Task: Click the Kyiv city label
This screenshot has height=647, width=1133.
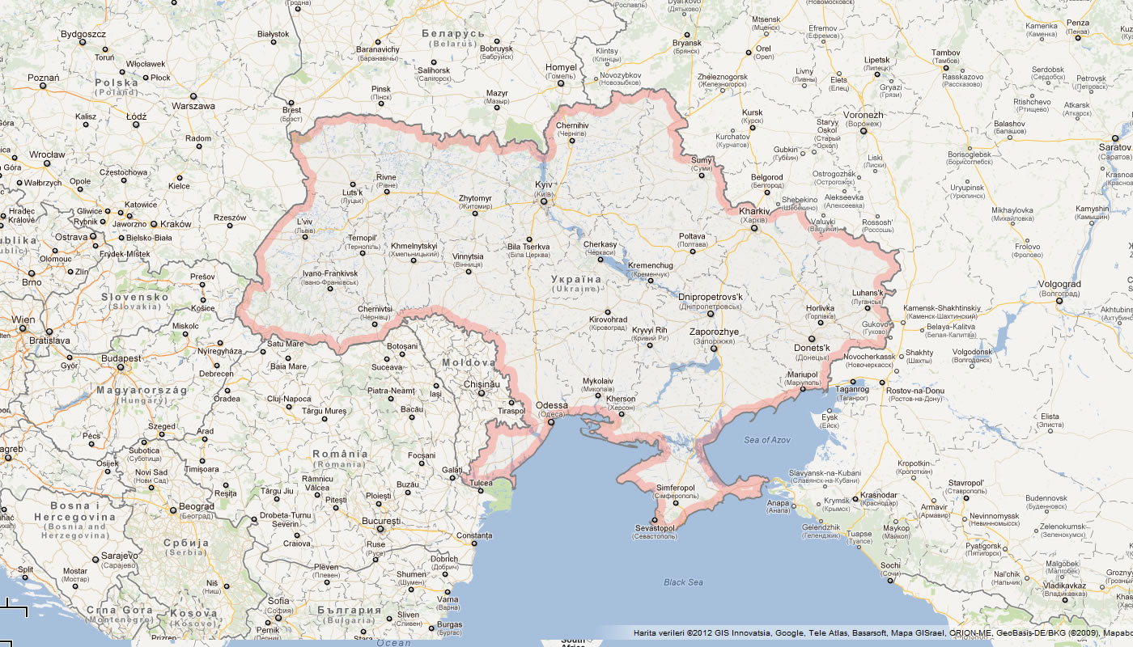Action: click(x=543, y=186)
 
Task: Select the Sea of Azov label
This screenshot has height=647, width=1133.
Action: click(x=767, y=440)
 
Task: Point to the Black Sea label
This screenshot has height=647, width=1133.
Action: click(x=683, y=582)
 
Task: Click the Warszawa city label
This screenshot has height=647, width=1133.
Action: click(x=193, y=106)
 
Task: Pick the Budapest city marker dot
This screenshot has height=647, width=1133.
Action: click(x=121, y=368)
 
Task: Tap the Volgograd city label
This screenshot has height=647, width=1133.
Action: click(x=1059, y=284)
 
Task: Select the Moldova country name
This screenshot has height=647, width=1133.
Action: click(x=467, y=364)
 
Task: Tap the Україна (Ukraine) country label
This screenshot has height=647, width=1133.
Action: click(x=575, y=280)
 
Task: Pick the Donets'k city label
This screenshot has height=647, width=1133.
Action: click(x=813, y=348)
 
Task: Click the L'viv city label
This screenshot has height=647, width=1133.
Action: click(x=304, y=221)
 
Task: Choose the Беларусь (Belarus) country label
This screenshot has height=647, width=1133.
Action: click(x=452, y=34)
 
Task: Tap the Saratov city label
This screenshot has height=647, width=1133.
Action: click(x=1114, y=147)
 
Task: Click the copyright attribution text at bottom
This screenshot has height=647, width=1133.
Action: click(x=882, y=632)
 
